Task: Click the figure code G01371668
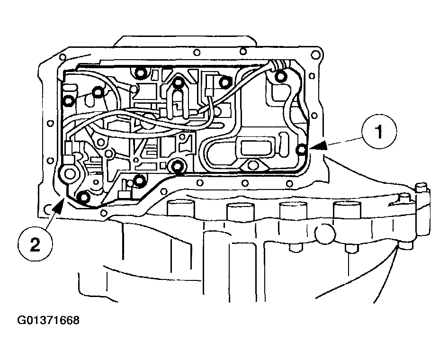coord(48,321)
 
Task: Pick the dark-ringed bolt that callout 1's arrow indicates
coord(303,150)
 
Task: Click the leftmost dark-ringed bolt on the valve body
coord(69,100)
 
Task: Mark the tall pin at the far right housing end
coord(421,194)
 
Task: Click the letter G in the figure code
coord(22,321)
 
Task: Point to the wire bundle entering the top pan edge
coord(276,64)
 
